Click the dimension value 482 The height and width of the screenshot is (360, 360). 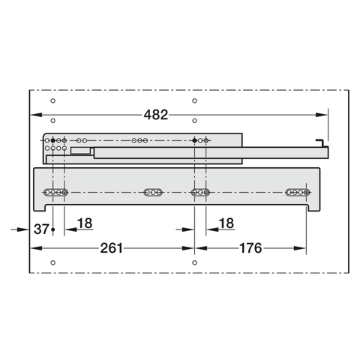[x=156, y=115]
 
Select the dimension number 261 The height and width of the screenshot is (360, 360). [x=112, y=248]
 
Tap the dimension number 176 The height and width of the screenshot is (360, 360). [x=250, y=248]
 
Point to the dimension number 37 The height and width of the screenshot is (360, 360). [x=41, y=229]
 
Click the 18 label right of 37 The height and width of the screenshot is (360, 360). [x=85, y=223]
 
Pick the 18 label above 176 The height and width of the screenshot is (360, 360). [x=226, y=223]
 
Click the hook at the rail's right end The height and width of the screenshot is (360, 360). [x=321, y=143]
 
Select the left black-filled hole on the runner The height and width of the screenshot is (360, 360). [x=53, y=140]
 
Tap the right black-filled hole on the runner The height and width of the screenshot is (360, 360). [x=195, y=140]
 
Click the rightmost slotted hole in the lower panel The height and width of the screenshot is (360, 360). [x=298, y=193]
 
